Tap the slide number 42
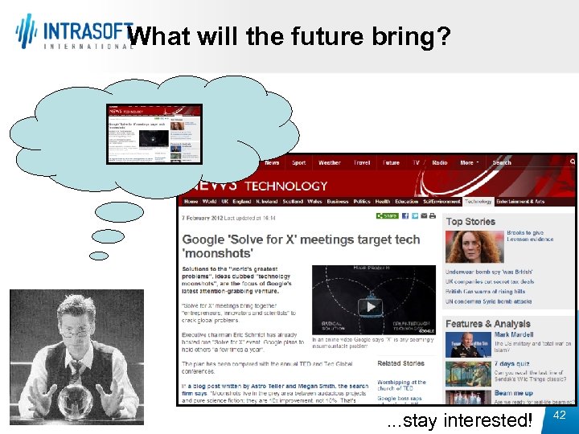pyautogui.click(x=561, y=415)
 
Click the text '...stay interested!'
pyautogui.click(x=459, y=420)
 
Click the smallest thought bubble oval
pyautogui.click(x=98, y=256)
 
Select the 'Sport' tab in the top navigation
pyautogui.click(x=298, y=162)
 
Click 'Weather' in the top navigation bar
pyautogui.click(x=329, y=162)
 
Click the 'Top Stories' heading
pyautogui.click(x=470, y=221)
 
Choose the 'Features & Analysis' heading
pyautogui.click(x=488, y=324)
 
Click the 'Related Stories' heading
pyautogui.click(x=400, y=363)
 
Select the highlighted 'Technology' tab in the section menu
pyautogui.click(x=478, y=202)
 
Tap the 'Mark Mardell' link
pyautogui.click(x=513, y=334)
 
